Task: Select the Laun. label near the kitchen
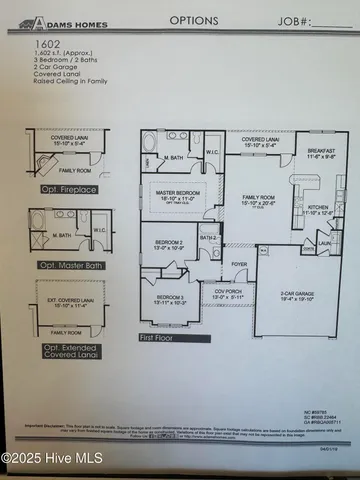click(324, 243)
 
